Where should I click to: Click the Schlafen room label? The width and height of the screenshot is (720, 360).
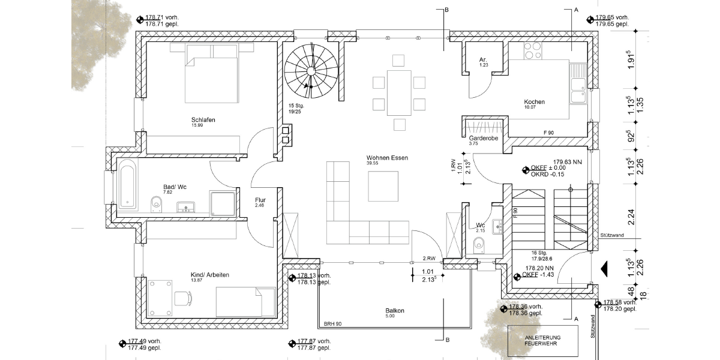(203, 120)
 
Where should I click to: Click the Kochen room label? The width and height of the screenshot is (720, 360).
(534, 102)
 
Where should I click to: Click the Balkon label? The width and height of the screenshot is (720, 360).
(395, 311)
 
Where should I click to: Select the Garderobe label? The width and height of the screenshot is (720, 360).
(484, 138)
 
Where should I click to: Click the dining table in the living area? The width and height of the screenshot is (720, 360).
(399, 92)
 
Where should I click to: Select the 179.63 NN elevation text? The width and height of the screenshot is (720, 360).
(567, 161)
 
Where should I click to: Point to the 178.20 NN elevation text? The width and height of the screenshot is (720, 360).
(538, 268)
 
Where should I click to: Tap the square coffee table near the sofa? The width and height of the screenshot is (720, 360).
(383, 186)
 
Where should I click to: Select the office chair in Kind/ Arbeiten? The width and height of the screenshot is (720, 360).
(181, 296)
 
